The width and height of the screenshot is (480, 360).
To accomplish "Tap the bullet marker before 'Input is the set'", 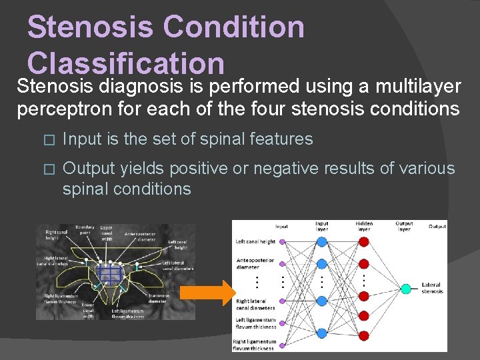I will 45,140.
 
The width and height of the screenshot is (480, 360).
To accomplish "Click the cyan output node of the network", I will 405,289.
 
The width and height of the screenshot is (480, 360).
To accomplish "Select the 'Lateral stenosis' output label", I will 431,288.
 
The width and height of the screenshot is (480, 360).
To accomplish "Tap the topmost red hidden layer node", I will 363,242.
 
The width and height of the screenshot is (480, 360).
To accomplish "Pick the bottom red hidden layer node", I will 363,334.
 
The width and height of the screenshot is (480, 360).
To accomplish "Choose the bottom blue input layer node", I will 321,332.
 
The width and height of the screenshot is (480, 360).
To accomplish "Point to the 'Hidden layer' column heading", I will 364,227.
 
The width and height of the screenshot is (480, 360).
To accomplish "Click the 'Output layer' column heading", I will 404,227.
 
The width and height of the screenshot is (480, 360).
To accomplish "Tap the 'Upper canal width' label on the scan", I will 107,233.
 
